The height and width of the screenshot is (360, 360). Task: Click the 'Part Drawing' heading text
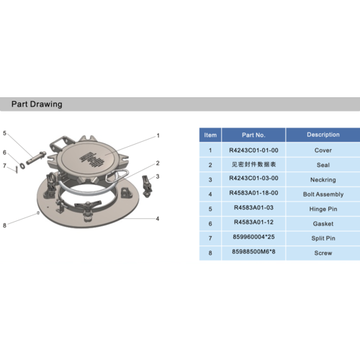pos(37,104)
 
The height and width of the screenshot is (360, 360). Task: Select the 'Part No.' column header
pos(253,135)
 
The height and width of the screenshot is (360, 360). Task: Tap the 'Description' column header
pos(323,135)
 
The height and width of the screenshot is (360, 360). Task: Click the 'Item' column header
pos(210,135)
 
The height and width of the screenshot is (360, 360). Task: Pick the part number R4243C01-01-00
pos(253,150)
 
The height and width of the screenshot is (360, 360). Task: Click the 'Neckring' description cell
pos(323,180)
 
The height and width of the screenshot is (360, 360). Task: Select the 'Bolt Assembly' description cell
pos(323,194)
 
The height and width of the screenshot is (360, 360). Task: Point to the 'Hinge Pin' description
pos(323,209)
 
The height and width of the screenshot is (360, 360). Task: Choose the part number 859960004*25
pos(253,237)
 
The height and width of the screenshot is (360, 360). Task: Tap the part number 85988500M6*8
pos(253,251)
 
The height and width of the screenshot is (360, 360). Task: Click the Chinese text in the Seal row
pos(253,164)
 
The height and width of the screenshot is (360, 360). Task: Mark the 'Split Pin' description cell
pos(323,238)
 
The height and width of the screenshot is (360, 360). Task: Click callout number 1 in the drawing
pos(158,135)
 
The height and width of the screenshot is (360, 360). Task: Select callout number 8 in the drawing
pos(4,225)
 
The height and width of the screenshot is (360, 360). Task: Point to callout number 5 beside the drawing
pos(4,133)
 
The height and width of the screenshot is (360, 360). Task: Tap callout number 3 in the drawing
pos(158,176)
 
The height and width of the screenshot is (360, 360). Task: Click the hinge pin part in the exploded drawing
pos(36,158)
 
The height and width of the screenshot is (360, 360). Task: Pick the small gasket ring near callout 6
pos(22,166)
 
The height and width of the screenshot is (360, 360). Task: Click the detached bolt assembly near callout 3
pos(147,186)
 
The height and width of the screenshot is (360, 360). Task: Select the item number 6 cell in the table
pos(210,224)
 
